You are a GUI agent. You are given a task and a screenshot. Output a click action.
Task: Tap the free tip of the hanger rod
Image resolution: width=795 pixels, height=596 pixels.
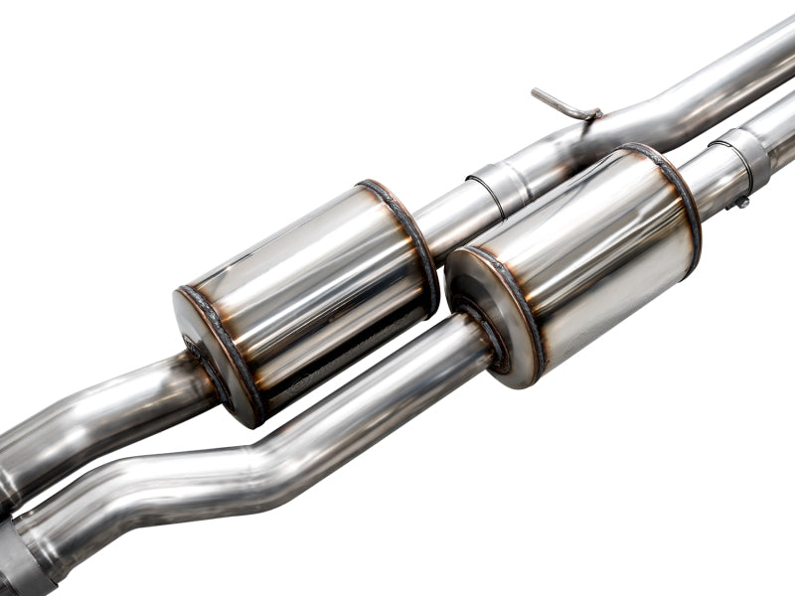pos(536,92)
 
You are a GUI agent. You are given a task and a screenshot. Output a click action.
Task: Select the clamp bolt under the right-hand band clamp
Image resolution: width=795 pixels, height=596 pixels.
pos(740,202)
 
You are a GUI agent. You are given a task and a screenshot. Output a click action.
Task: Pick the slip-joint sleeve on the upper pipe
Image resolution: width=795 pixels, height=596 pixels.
pos(496,185)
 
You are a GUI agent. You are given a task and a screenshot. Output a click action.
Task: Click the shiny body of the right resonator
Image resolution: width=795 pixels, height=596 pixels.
pos(586,253)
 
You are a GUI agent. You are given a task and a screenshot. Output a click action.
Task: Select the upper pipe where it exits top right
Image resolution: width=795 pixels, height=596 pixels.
pos(755,60)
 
